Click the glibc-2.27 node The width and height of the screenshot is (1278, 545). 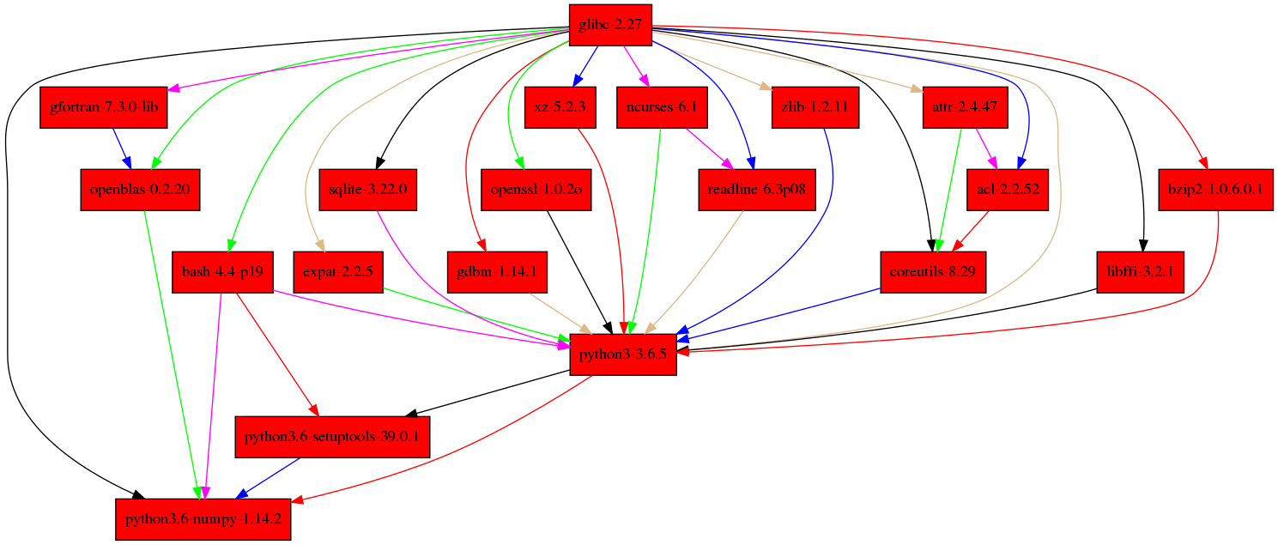[x=610, y=25]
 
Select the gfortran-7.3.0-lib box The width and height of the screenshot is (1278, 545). [x=104, y=108]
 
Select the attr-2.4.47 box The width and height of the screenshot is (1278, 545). [x=966, y=108]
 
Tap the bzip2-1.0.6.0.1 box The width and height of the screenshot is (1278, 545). [x=1214, y=189]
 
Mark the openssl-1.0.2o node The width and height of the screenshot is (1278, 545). [x=536, y=189]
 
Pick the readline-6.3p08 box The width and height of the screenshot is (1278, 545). [x=756, y=189]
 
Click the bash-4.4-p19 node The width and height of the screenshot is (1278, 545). [x=222, y=272]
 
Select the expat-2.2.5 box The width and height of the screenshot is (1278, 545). [x=337, y=272]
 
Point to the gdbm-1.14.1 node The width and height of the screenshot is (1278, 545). [x=498, y=272]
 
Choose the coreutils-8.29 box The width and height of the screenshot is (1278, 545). [x=934, y=272]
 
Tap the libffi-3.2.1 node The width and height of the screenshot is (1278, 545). [x=1140, y=272]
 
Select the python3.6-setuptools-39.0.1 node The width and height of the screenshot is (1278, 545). [x=332, y=437]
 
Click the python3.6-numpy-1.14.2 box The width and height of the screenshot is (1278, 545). [x=203, y=519]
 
